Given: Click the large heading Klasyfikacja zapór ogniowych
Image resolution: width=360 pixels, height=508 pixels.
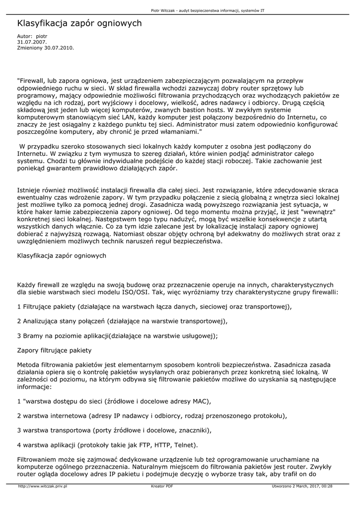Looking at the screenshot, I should pyautogui.click(x=79, y=23).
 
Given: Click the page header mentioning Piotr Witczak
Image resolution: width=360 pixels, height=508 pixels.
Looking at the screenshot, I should pyautogui.click(x=214, y=10).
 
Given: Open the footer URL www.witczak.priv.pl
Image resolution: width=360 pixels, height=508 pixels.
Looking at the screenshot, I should pyautogui.click(x=42, y=486).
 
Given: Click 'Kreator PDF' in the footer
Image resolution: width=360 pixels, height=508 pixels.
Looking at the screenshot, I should pyautogui.click(x=162, y=486).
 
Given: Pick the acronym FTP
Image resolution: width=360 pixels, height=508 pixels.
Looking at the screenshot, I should pyautogui.click(x=136, y=444).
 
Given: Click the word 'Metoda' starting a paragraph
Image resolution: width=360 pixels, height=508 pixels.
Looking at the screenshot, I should pyautogui.click(x=29, y=364).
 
